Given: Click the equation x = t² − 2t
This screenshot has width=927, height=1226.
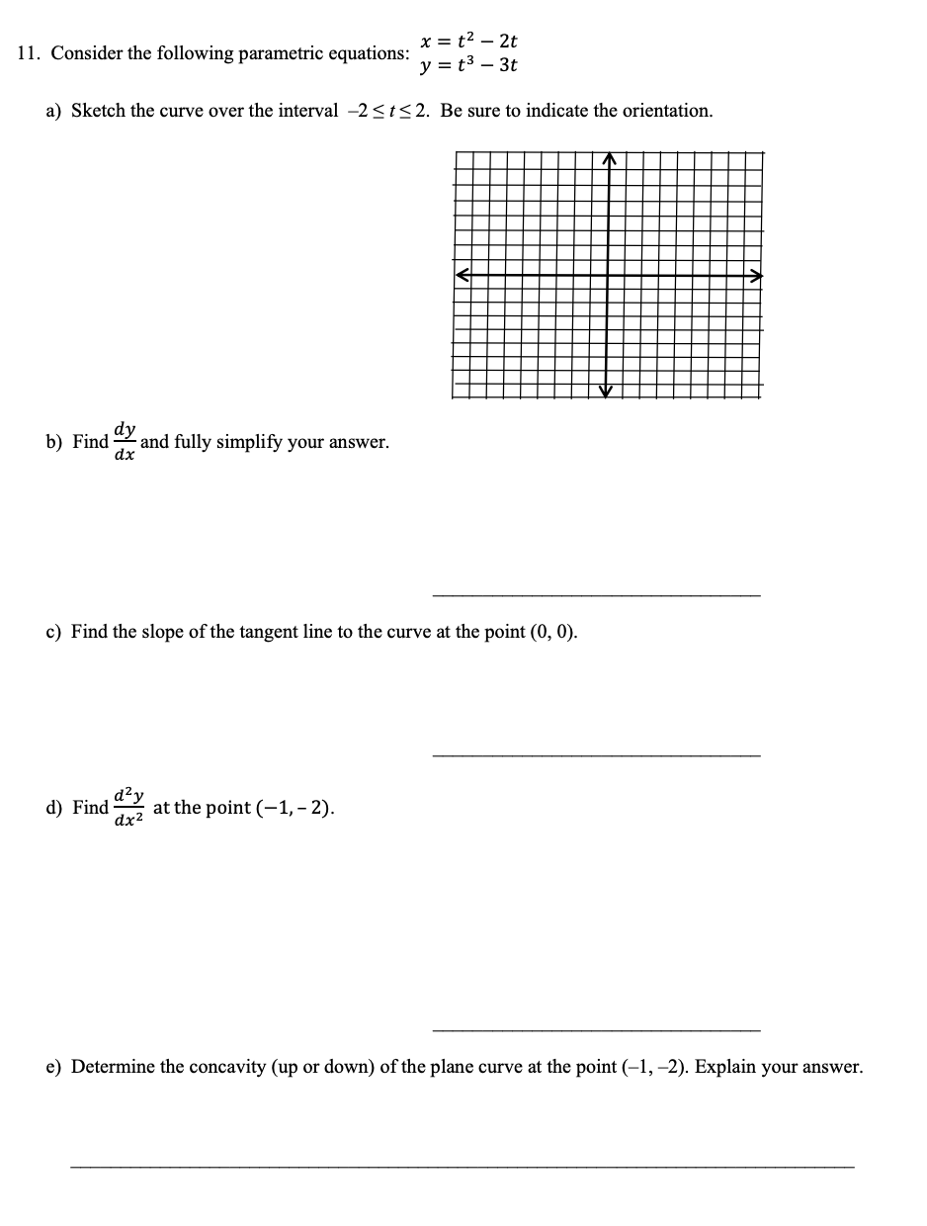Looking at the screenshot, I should click(x=468, y=42).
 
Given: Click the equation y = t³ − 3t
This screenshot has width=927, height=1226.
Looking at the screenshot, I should click(x=468, y=66).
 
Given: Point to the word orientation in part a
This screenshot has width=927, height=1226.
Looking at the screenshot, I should click(x=666, y=111).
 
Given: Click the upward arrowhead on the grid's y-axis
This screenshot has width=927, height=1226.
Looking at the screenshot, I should click(x=610, y=159).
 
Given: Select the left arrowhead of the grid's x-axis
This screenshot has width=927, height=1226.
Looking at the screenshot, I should click(x=462, y=276).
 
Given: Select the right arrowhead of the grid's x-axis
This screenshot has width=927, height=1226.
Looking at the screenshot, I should click(x=756, y=276).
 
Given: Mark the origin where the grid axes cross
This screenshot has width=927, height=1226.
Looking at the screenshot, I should click(x=609, y=276).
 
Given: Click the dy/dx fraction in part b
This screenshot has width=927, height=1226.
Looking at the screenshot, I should click(x=125, y=442).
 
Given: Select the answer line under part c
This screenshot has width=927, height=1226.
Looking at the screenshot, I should click(x=597, y=756).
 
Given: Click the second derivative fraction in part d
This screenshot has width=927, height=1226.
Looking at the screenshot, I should click(x=129, y=808).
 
